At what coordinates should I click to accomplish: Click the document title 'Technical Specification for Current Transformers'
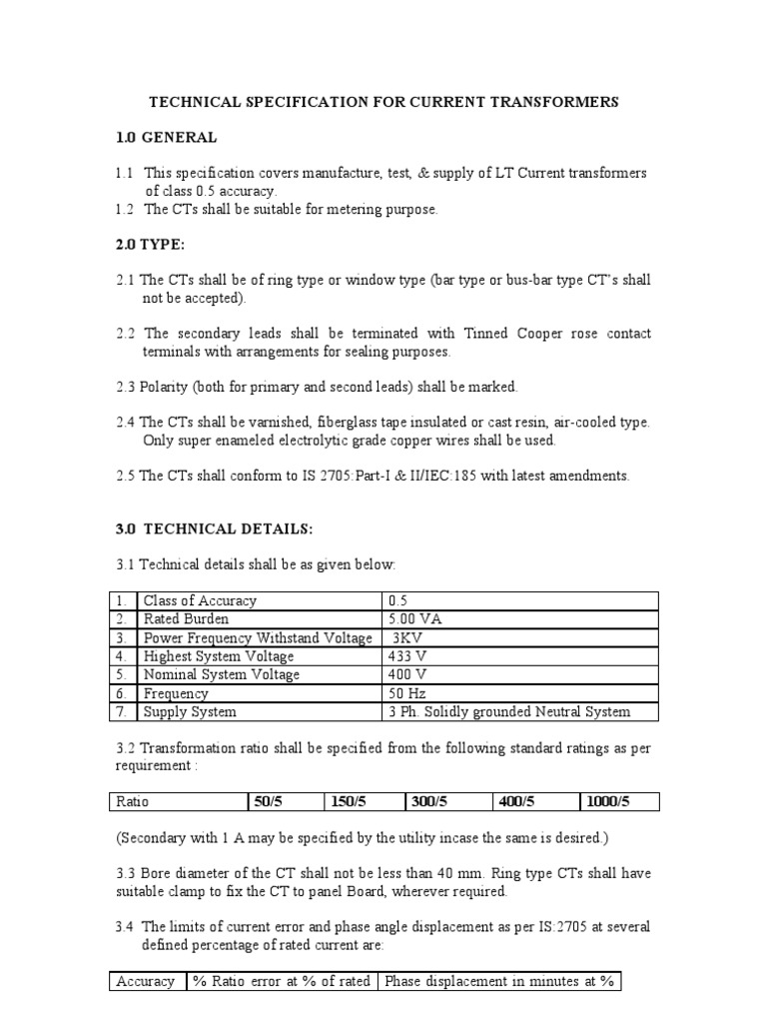click(x=383, y=102)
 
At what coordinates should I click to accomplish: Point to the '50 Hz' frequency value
click(x=408, y=693)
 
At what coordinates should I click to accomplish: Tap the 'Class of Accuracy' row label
click(x=200, y=600)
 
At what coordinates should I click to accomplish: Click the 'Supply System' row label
click(x=190, y=711)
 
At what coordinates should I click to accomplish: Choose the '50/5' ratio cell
click(x=270, y=801)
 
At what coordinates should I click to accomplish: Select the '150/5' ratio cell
click(x=348, y=801)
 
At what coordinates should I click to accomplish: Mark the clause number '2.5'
click(x=126, y=476)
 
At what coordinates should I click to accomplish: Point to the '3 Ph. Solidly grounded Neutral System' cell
click(x=508, y=711)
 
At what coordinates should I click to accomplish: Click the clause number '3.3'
click(x=126, y=873)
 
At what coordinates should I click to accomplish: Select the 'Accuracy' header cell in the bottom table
click(x=146, y=982)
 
